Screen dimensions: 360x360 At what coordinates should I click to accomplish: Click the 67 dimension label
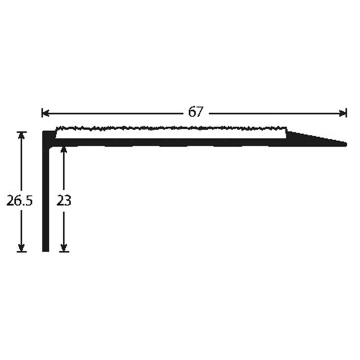point(196,112)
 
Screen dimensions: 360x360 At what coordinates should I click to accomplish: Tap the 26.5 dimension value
point(20,201)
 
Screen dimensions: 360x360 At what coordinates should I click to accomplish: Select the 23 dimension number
point(64,201)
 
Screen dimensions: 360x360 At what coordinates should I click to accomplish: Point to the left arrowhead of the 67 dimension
point(46,113)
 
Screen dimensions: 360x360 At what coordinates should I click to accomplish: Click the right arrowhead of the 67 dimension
point(343,113)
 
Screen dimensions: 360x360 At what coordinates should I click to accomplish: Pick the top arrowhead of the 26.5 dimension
point(22,136)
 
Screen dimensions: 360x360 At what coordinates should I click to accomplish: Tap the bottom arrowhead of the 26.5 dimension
point(22,248)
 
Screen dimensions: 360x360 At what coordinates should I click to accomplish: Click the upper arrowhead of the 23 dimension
point(64,150)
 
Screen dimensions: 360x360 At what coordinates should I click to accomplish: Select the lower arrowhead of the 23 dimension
point(64,248)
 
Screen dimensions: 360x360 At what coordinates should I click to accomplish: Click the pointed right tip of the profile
point(346,144)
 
